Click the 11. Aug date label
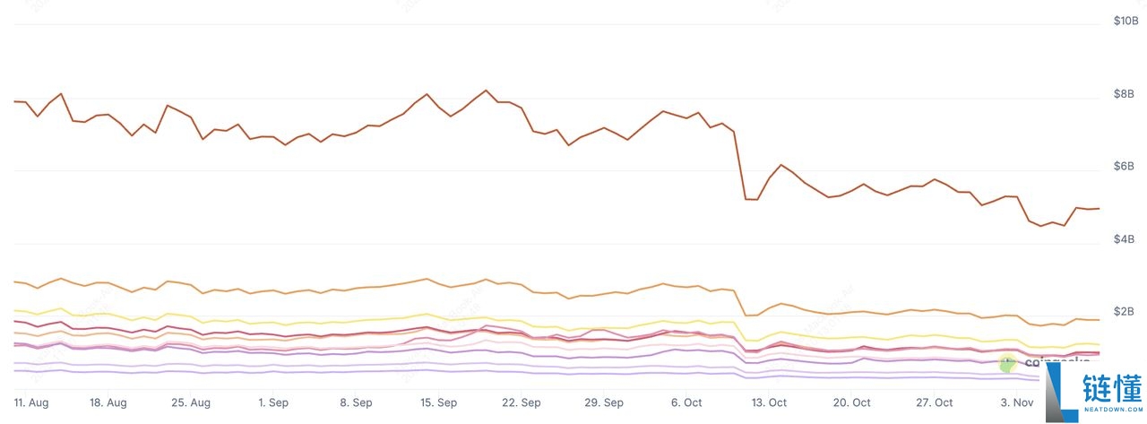point(31,403)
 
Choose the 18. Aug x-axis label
point(109,403)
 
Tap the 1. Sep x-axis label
point(273,403)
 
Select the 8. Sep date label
point(356,403)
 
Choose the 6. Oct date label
point(686,403)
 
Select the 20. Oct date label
point(850,403)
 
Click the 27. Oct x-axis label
point(933,403)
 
